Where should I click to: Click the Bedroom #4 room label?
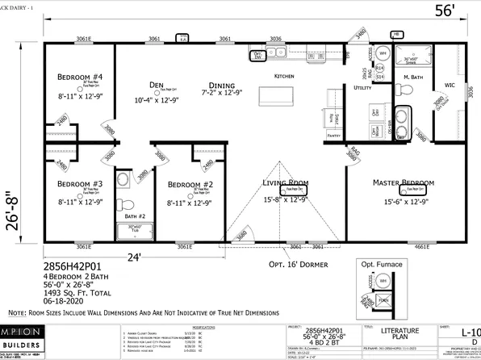[x=79, y=77]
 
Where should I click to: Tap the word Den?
[x=157, y=84]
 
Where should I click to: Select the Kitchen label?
[x=285, y=75]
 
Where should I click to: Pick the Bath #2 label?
[x=126, y=217]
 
